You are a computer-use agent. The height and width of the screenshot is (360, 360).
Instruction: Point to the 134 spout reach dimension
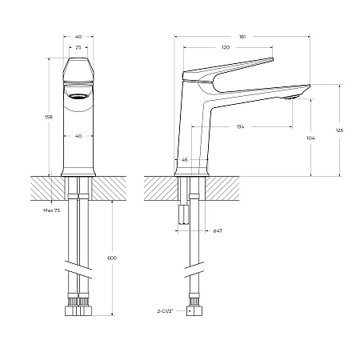point(241,127)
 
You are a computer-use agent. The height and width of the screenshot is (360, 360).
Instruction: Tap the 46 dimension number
point(185,161)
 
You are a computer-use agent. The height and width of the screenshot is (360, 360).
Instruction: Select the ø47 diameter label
point(217,230)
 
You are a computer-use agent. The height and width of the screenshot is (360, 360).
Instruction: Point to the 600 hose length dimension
point(111,258)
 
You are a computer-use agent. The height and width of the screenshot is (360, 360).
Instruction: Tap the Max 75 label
point(51,210)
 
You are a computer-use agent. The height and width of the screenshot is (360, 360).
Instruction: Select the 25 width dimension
point(78,48)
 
